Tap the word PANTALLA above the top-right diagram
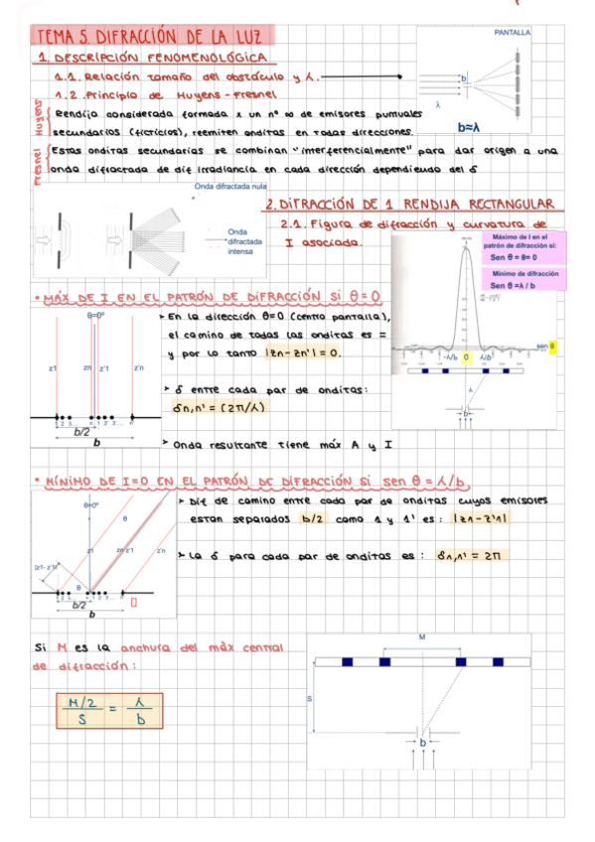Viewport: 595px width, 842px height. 513,33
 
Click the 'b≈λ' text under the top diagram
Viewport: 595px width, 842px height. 468,127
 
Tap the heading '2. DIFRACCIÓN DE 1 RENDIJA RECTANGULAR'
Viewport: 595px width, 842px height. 408,204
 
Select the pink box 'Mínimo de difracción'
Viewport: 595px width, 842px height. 523,279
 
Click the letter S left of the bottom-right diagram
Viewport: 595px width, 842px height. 309,699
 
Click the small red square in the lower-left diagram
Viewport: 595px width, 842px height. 131,602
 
